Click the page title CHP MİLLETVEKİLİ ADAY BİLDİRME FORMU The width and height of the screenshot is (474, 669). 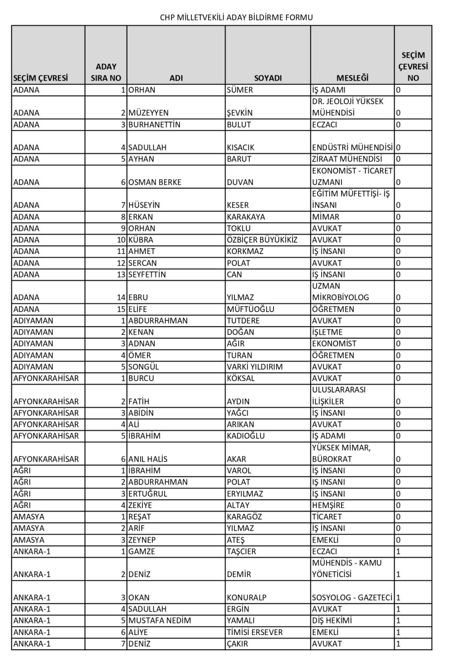coord(236,17)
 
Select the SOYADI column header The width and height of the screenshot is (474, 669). coord(268,78)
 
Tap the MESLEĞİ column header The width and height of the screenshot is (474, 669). coord(353,78)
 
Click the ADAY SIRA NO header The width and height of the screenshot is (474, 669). coord(106,72)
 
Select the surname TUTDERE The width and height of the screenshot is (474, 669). coord(243,320)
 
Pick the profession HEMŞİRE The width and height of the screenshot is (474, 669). coord(328,505)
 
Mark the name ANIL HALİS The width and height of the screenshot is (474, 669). coord(148,459)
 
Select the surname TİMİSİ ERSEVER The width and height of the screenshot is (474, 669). coord(255,632)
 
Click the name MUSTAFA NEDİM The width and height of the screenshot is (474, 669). coord(160,620)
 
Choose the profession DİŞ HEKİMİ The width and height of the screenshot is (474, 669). coord(332,620)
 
